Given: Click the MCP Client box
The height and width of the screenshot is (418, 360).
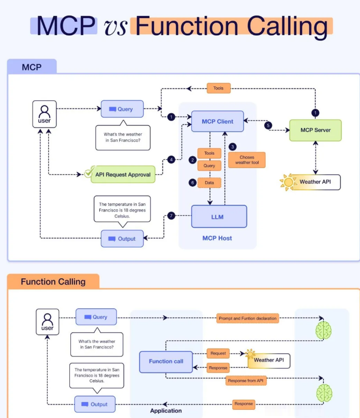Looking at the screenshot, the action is [x=217, y=121].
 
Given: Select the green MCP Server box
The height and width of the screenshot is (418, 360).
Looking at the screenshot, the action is [x=316, y=130].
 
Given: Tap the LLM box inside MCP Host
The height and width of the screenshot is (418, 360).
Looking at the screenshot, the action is [x=219, y=216].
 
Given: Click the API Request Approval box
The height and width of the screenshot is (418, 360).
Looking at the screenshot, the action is [x=123, y=174].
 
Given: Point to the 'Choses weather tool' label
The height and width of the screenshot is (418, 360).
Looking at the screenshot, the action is [x=247, y=160].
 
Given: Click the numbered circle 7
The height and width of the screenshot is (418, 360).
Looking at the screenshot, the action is [x=171, y=215].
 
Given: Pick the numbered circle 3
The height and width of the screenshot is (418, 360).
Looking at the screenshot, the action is [x=233, y=146].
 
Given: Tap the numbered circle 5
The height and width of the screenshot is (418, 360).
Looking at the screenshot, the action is [x=268, y=125].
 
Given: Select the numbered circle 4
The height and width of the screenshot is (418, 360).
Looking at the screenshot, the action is [x=171, y=160].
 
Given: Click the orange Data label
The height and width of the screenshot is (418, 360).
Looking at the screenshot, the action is [x=209, y=183].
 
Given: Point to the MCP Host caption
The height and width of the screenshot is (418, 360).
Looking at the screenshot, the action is [x=217, y=238].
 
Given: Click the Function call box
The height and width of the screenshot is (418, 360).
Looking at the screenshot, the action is [x=166, y=362].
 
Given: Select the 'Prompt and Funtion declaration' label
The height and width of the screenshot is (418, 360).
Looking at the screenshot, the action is [x=248, y=318].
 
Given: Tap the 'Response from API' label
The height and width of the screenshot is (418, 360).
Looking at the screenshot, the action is [x=246, y=381].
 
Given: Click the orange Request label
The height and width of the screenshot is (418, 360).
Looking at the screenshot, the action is [x=218, y=353].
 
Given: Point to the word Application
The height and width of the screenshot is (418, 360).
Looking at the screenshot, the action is [x=166, y=411].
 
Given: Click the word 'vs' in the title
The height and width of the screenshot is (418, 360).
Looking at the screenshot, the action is [x=115, y=27].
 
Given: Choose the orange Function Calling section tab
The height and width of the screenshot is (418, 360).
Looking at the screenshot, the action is [x=53, y=281].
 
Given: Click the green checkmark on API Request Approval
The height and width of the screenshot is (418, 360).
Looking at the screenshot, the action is [x=89, y=172].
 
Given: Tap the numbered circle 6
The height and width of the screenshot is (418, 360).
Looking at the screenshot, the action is [x=192, y=183].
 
